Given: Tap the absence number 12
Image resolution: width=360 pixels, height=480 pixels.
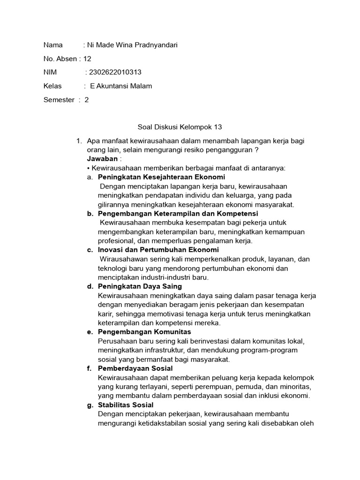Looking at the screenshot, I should click(x=87, y=59).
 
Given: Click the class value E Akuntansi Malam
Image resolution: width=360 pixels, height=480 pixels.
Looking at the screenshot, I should click(x=121, y=86).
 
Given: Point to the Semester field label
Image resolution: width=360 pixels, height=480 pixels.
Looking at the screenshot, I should click(x=59, y=100).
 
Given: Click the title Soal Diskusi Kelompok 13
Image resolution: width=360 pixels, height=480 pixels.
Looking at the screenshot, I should click(x=180, y=127).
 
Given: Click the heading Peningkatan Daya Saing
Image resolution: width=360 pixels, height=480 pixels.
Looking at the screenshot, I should click(x=140, y=286).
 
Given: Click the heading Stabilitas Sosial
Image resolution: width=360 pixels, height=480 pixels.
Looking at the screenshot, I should click(x=126, y=405).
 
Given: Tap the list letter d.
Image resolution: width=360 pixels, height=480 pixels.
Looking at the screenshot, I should click(x=90, y=286).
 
